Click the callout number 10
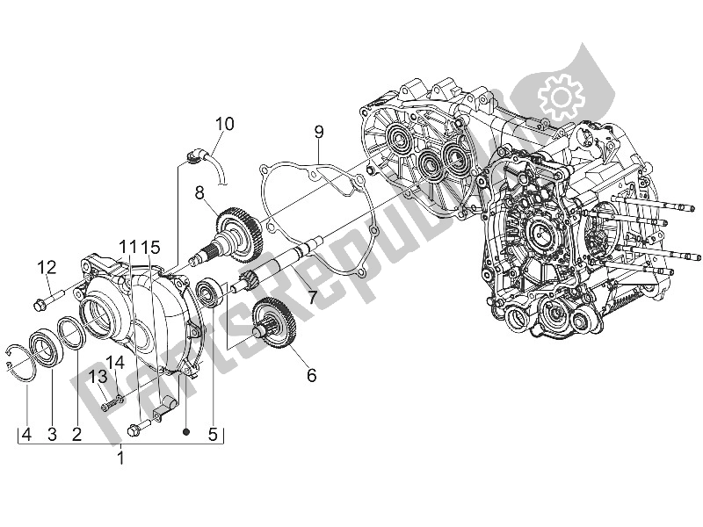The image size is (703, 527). [225, 124]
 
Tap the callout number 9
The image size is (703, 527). [319, 132]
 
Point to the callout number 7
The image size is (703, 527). [311, 297]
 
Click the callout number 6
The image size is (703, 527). [311, 376]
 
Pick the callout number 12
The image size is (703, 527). [47, 267]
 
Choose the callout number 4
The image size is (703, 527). [27, 433]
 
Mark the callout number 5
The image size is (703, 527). [211, 433]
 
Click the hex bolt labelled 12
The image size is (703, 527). [40, 304]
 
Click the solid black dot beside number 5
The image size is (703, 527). [186, 433]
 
